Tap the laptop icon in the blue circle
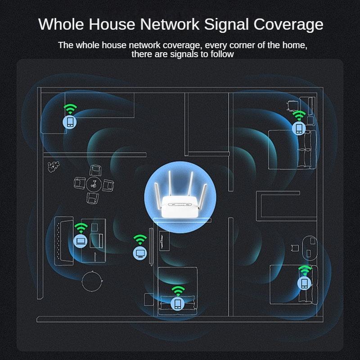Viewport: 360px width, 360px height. coord(81,241)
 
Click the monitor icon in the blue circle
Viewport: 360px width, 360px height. coord(140,253)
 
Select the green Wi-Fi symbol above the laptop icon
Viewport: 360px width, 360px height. coord(81,227)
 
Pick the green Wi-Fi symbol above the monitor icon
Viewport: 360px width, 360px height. coord(140,239)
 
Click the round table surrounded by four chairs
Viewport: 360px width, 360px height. coord(93,184)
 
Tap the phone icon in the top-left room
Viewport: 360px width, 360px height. coord(70,122)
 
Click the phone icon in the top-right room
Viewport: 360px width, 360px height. coord(298,129)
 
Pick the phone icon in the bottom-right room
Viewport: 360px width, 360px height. coord(305,283)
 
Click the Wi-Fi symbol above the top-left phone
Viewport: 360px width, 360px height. coord(70,108)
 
